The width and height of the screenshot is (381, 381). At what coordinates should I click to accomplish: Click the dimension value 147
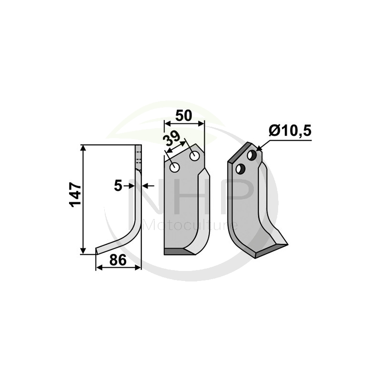pos(76,194)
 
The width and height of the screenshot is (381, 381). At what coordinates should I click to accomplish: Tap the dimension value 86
pos(118,261)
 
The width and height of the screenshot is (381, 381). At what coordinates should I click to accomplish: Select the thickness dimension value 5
pos(118,186)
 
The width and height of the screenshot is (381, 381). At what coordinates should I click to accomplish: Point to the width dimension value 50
pos(184,116)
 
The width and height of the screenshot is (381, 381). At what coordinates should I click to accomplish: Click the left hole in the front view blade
pos(174,167)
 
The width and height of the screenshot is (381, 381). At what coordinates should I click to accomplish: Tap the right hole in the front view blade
pos(194,156)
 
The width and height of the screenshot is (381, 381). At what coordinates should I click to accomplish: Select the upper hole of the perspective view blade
pos(251,155)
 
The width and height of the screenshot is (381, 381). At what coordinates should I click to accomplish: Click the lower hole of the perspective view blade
pos(241,168)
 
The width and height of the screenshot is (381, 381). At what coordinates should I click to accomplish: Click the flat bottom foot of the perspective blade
pos(271,250)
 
